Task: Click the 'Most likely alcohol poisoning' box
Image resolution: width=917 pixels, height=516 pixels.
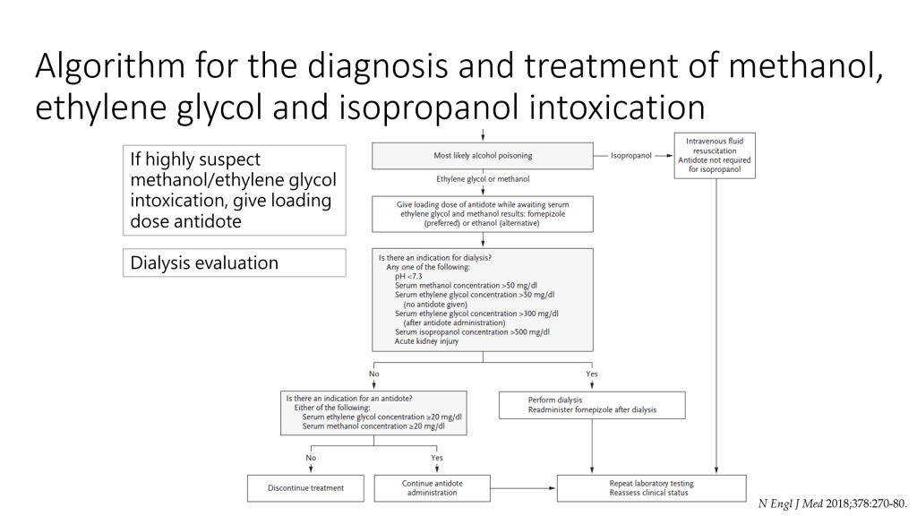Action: coord(482,155)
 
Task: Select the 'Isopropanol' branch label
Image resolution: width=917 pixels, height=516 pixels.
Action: coord(630,155)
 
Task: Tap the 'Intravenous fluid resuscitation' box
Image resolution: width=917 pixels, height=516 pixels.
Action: coord(714,154)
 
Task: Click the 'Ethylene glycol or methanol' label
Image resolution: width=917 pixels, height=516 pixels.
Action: coord(483,179)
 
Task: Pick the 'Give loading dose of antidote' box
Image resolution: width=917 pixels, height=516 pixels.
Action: coord(483,214)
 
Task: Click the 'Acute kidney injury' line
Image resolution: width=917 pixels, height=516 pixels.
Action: coord(427,341)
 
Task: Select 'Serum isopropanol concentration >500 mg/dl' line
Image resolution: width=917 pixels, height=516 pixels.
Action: coord(472,331)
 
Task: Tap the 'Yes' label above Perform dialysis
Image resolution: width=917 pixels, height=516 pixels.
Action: coord(591,374)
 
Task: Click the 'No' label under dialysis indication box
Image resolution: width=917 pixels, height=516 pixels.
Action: coord(374,374)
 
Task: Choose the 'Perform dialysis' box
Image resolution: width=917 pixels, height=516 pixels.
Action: coord(591,405)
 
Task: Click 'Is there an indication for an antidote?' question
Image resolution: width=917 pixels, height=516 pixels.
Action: coord(349,398)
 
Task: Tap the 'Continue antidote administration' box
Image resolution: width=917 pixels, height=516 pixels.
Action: coord(432,488)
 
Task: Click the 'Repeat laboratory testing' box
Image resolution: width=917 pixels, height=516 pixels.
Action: coord(651,488)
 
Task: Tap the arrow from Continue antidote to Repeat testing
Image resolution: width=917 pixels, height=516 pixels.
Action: coord(523,488)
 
